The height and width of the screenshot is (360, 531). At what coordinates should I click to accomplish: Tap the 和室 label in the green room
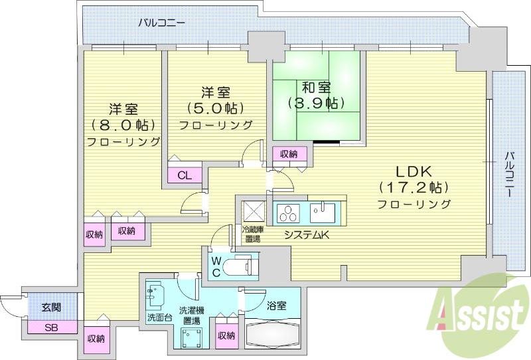coord(316,87)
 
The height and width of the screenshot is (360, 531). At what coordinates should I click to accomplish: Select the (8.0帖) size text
coord(123,125)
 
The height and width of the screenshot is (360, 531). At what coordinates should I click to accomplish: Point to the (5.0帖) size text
coord(214,108)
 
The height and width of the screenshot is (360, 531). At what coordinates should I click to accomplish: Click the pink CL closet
coord(185,176)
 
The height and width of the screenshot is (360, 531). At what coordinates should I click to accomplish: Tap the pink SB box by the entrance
coord(51,327)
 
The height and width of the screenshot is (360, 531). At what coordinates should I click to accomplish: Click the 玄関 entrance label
coord(51,307)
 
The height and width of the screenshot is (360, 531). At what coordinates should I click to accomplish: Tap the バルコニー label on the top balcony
coord(161,23)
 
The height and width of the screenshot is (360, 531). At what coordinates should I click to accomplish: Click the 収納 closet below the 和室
coord(289,154)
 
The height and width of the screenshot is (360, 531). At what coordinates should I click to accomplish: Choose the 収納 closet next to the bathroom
coord(226,335)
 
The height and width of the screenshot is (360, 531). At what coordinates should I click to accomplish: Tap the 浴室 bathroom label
coord(277,306)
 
